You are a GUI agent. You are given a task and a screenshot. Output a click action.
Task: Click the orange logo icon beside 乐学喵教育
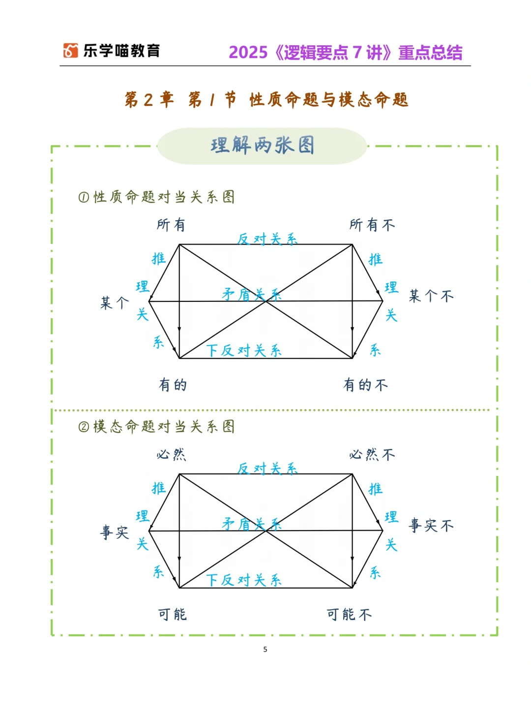[x=70, y=51]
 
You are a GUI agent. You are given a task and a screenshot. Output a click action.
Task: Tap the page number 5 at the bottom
[x=265, y=649]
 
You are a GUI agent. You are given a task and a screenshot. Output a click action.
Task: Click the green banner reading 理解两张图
[x=262, y=146]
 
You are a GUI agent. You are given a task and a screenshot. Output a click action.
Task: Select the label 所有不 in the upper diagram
[x=372, y=225]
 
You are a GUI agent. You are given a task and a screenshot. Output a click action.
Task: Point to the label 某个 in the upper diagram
[x=115, y=303]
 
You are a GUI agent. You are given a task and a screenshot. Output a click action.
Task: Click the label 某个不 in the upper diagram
[x=431, y=296]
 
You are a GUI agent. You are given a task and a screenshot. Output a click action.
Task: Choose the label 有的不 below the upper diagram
[x=365, y=385]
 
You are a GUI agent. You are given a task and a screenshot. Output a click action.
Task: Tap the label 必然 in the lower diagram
[x=171, y=454]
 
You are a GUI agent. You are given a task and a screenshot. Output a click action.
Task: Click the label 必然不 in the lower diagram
[x=372, y=455]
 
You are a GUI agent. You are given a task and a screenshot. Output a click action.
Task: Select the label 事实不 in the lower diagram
[x=431, y=526]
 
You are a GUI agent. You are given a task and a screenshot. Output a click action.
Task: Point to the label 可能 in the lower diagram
[x=172, y=615]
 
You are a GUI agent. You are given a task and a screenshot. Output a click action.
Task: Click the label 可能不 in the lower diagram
[x=349, y=615]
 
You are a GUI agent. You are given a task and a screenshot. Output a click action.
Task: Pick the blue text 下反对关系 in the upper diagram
[x=243, y=351]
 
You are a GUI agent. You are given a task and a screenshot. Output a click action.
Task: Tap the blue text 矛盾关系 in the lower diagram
[x=251, y=524]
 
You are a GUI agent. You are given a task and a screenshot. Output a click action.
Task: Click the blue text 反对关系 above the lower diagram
[x=267, y=469]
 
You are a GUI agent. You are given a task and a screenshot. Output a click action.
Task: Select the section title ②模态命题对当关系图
[x=156, y=426]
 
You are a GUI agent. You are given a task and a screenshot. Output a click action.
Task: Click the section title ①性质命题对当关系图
[x=156, y=197]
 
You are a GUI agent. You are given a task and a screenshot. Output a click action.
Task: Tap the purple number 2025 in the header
[x=248, y=53]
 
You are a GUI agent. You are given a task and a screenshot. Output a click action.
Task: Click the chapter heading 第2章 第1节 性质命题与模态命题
[x=266, y=100]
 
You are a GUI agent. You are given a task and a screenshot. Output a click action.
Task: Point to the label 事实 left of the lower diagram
[x=115, y=532]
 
